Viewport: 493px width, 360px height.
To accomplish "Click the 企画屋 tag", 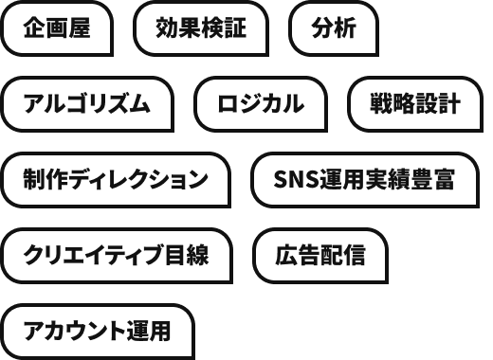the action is (x=57, y=28).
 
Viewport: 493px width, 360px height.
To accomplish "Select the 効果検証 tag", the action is (x=201, y=28).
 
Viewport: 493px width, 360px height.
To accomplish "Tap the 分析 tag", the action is (x=334, y=28).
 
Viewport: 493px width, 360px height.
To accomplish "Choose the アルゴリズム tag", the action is (x=87, y=104).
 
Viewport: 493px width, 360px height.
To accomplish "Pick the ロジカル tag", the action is (x=261, y=104).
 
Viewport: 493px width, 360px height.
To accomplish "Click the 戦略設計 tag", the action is (x=415, y=104).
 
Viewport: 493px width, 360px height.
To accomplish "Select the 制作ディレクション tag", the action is (x=116, y=180).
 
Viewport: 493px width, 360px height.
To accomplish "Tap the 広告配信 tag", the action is (x=320, y=256).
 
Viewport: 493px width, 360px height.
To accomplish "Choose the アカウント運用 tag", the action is (x=98, y=332).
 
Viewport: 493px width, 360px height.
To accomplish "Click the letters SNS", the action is (x=296, y=179).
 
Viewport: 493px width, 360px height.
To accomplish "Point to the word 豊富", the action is (x=432, y=179).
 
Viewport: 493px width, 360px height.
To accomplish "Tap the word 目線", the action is (x=187, y=255).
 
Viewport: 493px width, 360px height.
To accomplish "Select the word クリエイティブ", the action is (x=94, y=255).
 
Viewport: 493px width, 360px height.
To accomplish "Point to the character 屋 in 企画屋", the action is (x=80, y=28).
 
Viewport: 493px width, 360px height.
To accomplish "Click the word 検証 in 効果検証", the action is (x=224, y=28).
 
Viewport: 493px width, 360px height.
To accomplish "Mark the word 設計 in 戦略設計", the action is (x=438, y=103).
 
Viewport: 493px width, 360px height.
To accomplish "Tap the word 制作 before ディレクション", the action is (x=46, y=179).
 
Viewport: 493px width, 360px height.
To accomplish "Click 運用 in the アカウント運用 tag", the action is (x=149, y=331).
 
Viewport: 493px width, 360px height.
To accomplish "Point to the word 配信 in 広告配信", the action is (x=343, y=255).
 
